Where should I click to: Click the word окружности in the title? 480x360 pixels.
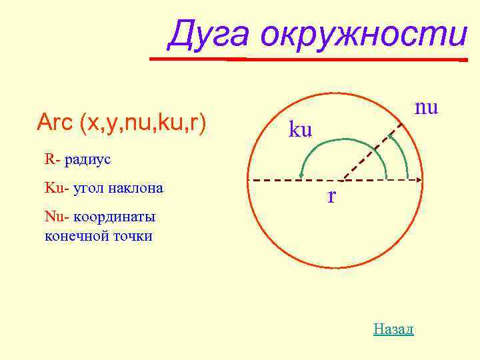364,35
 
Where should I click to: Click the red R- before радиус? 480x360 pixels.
53,160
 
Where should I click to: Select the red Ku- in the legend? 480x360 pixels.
56,188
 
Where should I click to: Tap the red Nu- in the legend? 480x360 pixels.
56,217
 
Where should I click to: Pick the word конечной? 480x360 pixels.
73,235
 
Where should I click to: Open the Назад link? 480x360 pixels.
393,329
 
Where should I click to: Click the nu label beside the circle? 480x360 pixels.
426,107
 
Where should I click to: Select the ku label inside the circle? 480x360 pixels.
300,129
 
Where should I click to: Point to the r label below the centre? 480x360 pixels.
331,197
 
